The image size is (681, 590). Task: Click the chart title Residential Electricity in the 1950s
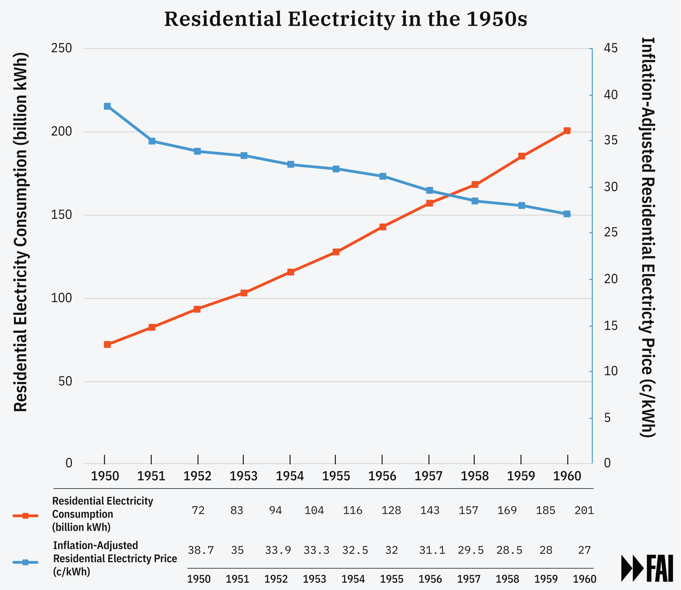point(346,19)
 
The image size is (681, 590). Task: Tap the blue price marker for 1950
point(107,106)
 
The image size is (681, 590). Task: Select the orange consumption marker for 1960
point(567,131)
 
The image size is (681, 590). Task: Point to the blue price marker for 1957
point(430,190)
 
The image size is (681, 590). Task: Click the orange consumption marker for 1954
point(290,272)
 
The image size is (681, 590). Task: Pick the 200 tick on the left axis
point(62,132)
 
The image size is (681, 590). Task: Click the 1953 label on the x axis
point(243,476)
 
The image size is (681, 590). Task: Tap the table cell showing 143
point(430,510)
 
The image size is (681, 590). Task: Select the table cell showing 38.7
point(201,550)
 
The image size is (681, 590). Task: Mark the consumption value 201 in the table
point(584,510)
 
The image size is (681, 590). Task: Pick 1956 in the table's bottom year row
point(430,579)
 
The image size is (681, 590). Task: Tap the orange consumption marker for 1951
point(152,327)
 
